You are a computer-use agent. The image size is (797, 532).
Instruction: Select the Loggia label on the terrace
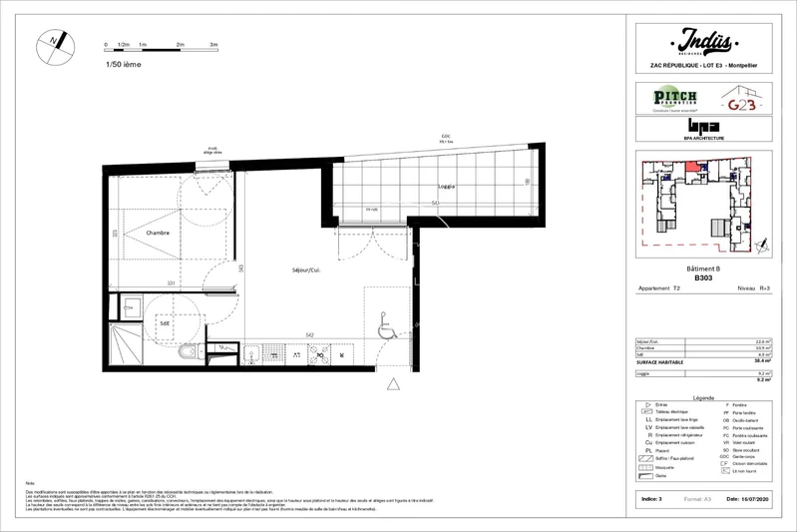pos(447,186)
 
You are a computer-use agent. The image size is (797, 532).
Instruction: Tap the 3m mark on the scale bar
pos(214,46)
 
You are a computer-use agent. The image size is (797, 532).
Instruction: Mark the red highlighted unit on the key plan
pos(690,177)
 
